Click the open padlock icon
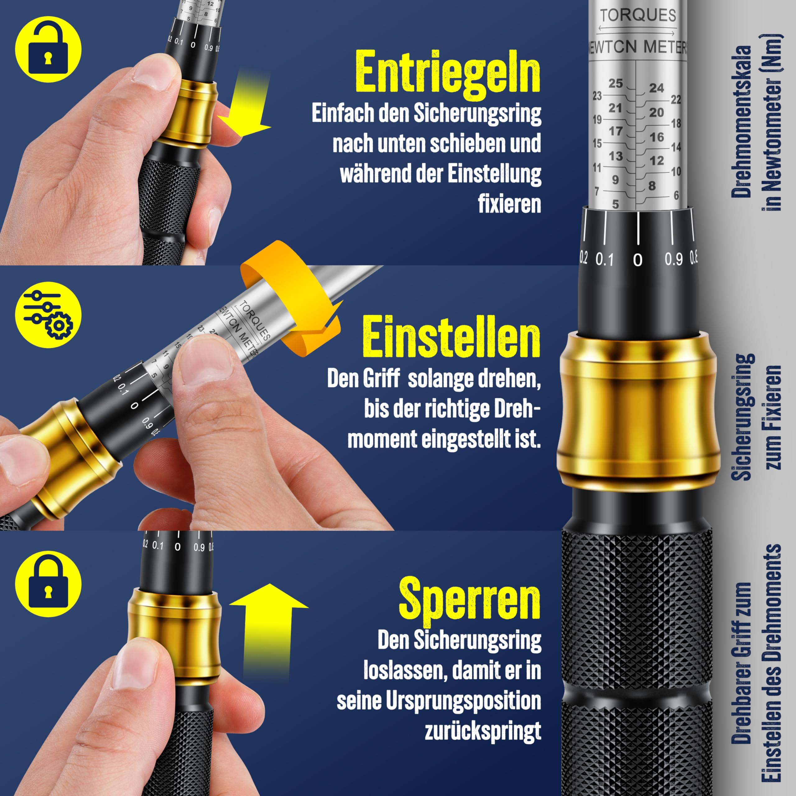[48, 49]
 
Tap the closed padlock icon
[48, 584]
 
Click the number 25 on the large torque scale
[616, 83]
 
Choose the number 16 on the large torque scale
[657, 137]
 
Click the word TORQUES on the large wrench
[638, 15]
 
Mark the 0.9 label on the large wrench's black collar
[673, 259]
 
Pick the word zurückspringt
[483, 732]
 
